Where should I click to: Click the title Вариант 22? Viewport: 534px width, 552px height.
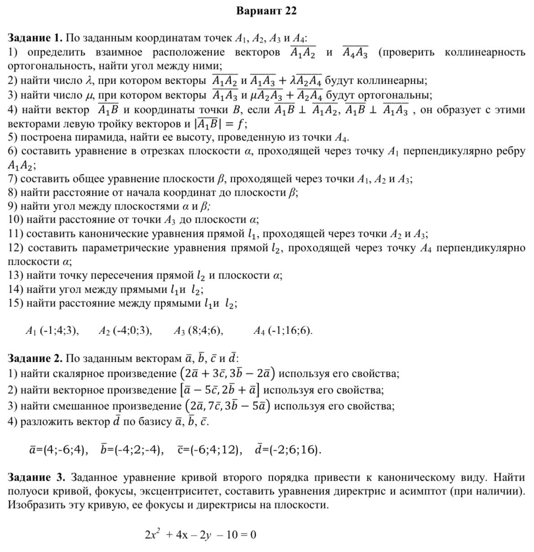coord(266,11)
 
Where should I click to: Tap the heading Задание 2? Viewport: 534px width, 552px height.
coord(35,358)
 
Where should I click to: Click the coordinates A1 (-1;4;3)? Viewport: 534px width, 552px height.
coord(53,331)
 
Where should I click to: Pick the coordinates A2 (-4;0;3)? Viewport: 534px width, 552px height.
coord(125,331)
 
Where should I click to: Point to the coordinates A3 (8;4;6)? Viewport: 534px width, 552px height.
coord(198,331)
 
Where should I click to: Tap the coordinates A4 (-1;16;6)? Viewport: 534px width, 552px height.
coord(283,331)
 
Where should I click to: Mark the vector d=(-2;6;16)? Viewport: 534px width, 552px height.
coord(288,450)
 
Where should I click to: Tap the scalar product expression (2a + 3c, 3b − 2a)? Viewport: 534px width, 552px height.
coord(227,374)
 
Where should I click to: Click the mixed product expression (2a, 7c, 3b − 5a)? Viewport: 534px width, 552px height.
coord(227,406)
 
